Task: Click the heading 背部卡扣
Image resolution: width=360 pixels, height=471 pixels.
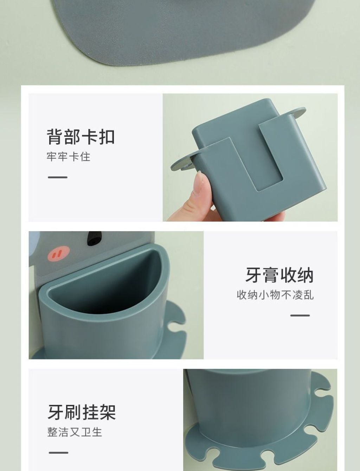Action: coord(81,137)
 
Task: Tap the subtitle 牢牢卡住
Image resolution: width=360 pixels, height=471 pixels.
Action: coord(69,157)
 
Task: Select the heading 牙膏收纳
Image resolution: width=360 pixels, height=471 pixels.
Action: coord(279,275)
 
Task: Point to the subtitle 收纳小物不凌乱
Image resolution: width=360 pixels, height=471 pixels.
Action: coord(275,295)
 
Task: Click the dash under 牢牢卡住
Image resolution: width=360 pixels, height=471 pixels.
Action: coord(58,177)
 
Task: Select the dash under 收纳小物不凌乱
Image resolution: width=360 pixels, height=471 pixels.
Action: coord(300,316)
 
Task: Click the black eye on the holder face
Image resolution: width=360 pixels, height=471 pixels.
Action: coord(92,238)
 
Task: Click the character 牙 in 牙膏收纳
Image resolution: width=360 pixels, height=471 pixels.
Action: coord(253,275)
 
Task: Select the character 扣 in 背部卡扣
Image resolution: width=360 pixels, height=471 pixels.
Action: coord(107,137)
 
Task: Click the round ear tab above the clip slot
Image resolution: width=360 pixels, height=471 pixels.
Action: coord(297,113)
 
